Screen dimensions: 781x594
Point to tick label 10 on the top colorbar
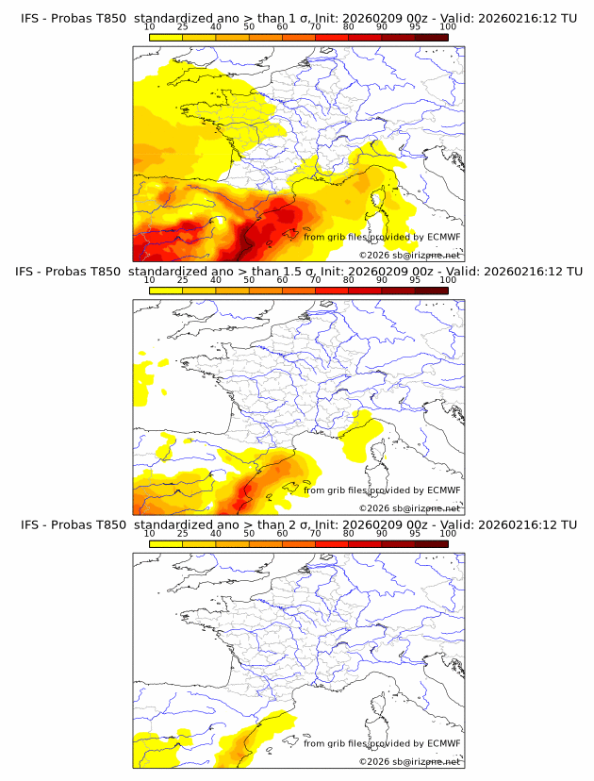(x=149, y=27)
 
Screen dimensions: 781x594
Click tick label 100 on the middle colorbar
(x=448, y=280)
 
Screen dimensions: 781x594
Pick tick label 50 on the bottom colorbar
(x=249, y=533)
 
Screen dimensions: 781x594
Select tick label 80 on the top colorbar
(x=349, y=27)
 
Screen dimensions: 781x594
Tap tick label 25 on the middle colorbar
(x=182, y=280)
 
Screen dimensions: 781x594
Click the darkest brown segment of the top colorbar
(x=432, y=37)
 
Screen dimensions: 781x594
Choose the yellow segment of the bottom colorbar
(x=165, y=542)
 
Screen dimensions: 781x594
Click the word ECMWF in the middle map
(x=443, y=490)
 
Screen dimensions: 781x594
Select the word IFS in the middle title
(x=30, y=272)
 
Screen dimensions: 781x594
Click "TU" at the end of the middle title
(x=569, y=272)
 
